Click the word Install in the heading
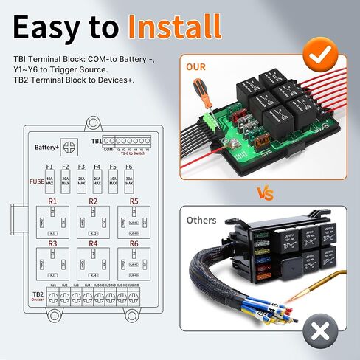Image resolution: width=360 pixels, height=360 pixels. [x=176, y=27]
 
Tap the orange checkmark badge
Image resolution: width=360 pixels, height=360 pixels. [x=322, y=53]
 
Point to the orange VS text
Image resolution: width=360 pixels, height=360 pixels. [x=265, y=193]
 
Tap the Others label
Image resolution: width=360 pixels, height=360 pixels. [x=202, y=220]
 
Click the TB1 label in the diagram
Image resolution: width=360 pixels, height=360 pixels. [x=96, y=140]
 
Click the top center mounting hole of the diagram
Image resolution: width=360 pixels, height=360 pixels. [x=93, y=122]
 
